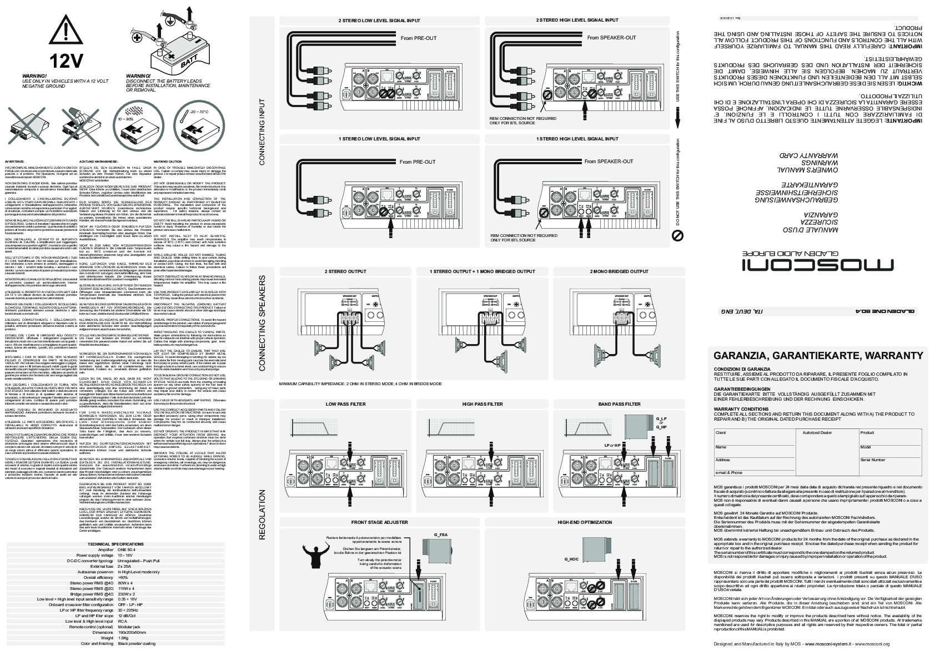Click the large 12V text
(x=67, y=59)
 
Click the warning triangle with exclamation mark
(x=66, y=29)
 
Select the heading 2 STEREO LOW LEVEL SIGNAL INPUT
(x=379, y=21)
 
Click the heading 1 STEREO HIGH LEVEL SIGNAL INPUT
(x=577, y=139)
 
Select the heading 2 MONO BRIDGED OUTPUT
(x=619, y=271)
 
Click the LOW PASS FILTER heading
(x=345, y=404)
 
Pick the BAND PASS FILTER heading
(x=619, y=404)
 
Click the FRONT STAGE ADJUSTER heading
(x=379, y=522)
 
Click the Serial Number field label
(x=872, y=460)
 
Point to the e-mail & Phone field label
(x=728, y=473)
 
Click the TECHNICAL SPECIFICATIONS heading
(x=115, y=544)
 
